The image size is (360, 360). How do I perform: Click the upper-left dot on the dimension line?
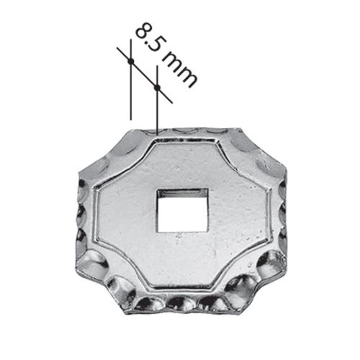coord(130,62)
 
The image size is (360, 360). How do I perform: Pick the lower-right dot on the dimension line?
coord(156,88)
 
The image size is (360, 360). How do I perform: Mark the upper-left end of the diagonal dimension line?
coord(118,49)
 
